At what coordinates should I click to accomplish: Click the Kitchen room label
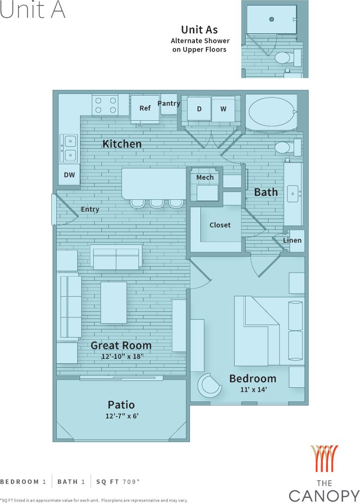click(122, 144)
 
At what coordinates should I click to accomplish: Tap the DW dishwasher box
click(70, 175)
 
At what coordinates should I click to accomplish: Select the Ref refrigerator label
click(145, 108)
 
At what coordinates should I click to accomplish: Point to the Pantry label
click(169, 103)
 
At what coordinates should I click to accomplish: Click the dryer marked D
click(199, 109)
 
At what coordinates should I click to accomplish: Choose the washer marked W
click(223, 109)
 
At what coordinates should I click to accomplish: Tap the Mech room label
click(205, 177)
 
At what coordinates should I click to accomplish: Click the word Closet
click(220, 225)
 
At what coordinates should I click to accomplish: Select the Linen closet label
click(292, 241)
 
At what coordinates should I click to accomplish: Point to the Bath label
click(266, 192)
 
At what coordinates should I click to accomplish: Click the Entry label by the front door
click(90, 209)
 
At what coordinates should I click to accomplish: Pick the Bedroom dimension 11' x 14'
click(253, 390)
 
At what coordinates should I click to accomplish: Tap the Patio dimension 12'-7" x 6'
click(121, 416)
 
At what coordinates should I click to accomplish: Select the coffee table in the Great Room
click(113, 302)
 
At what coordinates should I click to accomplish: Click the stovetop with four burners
click(105, 105)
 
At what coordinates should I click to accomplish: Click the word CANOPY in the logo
click(324, 495)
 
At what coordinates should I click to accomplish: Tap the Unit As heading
click(199, 30)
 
